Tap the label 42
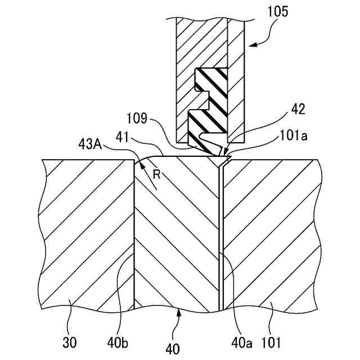299,109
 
